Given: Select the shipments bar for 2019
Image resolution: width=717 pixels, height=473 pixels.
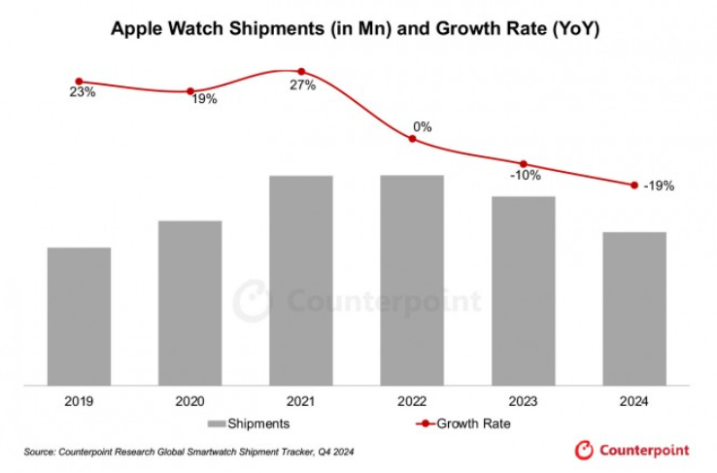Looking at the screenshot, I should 79,316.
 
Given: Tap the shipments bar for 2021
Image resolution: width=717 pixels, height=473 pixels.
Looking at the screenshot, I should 301,280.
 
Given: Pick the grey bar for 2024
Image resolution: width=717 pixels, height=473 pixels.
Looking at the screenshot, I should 634,308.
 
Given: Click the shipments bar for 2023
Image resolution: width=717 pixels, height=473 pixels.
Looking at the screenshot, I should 524,290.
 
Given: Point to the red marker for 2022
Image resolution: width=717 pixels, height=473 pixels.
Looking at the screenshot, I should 412,139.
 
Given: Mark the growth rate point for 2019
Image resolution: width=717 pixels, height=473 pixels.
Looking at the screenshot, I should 79,82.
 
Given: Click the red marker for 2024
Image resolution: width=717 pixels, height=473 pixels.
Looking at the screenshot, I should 634,185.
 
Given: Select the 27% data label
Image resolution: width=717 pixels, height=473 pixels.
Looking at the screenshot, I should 302,85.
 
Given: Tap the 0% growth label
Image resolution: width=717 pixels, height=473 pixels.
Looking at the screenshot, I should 423,126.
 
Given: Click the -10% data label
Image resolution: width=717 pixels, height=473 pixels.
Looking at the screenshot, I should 524,176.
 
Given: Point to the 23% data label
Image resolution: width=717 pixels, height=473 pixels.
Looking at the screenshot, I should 82,94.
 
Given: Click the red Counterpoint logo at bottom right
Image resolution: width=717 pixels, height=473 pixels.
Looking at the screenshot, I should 632,450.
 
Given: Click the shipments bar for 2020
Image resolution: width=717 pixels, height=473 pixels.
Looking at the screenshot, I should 189,302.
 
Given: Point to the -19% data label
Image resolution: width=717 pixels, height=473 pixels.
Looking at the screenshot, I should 658,186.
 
